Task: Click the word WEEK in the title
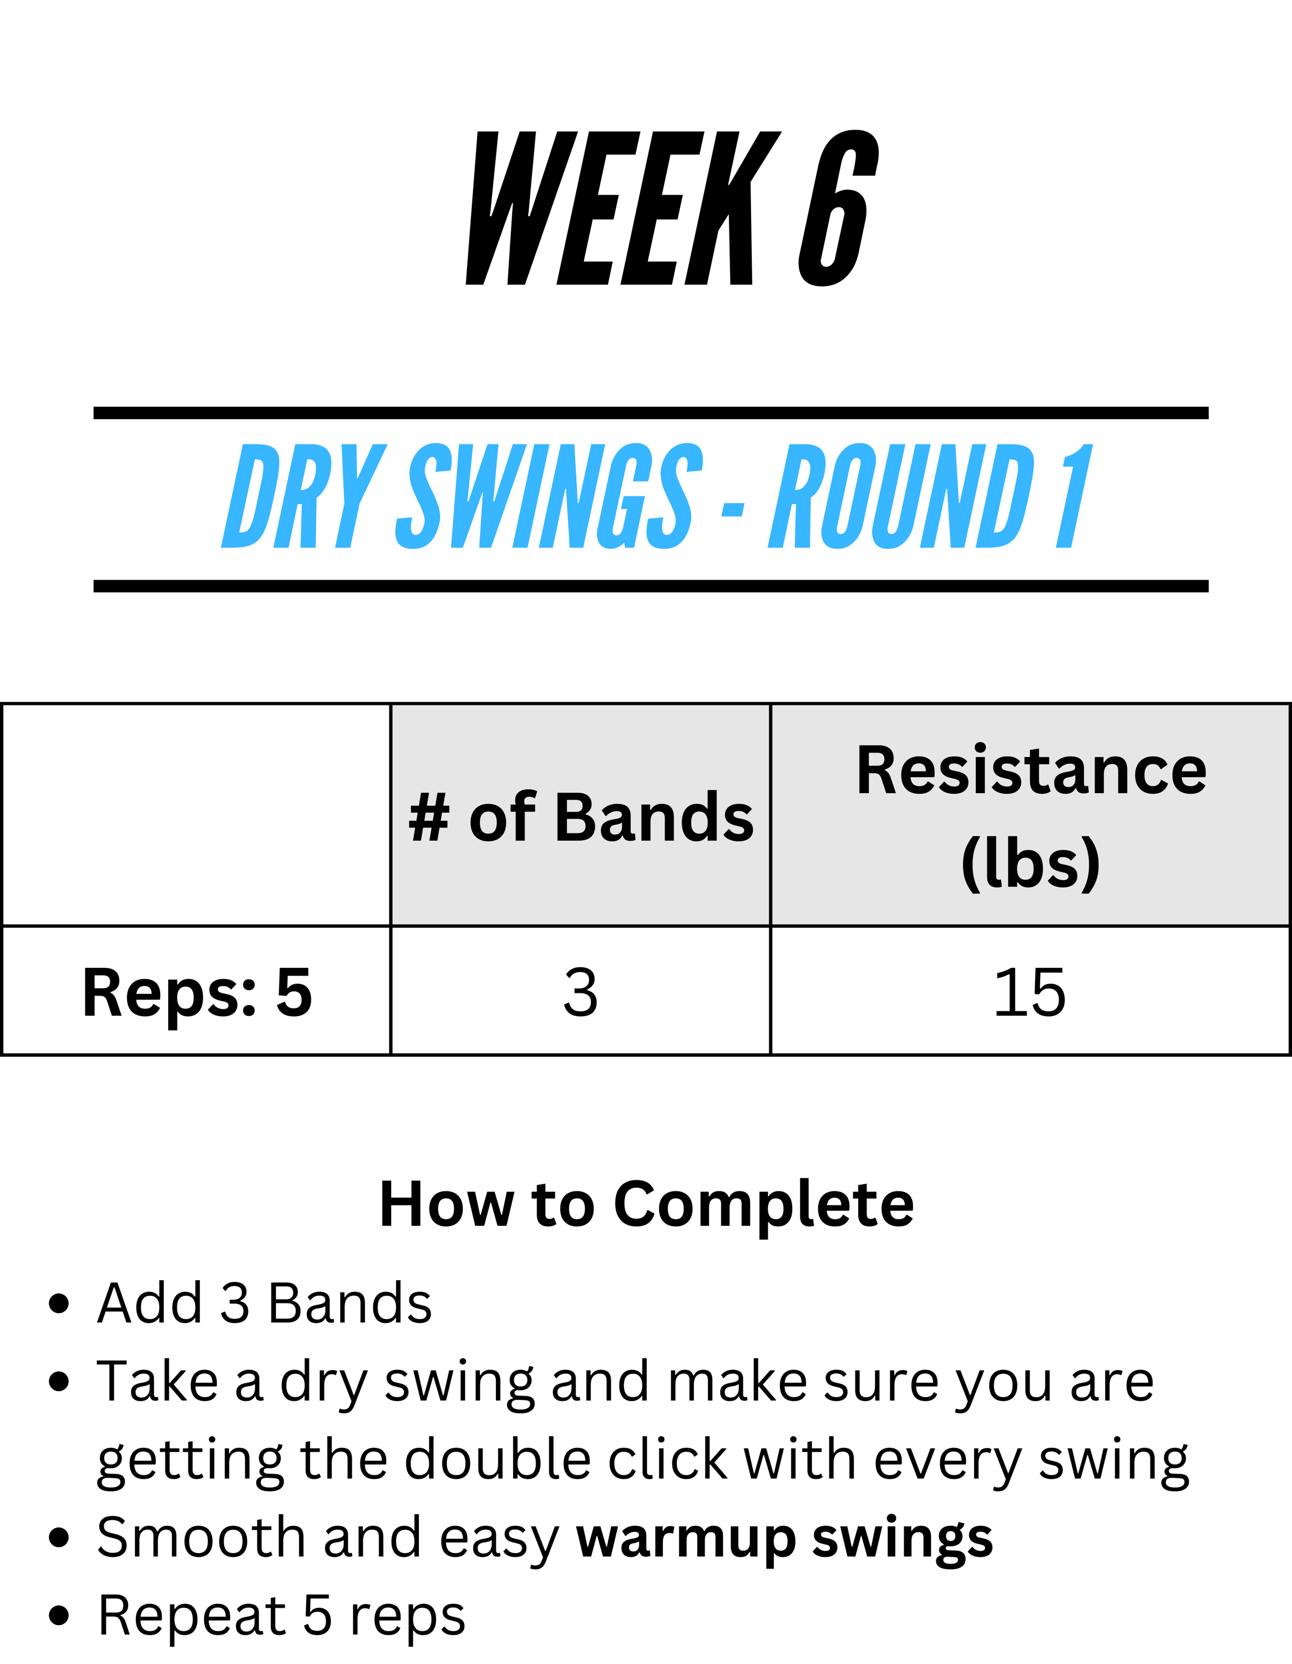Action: tap(623, 209)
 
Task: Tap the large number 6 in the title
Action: tap(838, 208)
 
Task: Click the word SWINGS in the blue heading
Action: tap(549, 496)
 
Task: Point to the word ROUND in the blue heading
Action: tap(901, 496)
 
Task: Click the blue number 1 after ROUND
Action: tap(1074, 496)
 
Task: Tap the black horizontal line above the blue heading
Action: tap(651, 413)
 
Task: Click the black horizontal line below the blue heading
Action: tap(651, 586)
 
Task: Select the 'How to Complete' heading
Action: tap(647, 1205)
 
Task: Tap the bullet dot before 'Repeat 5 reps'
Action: tap(59, 1615)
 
